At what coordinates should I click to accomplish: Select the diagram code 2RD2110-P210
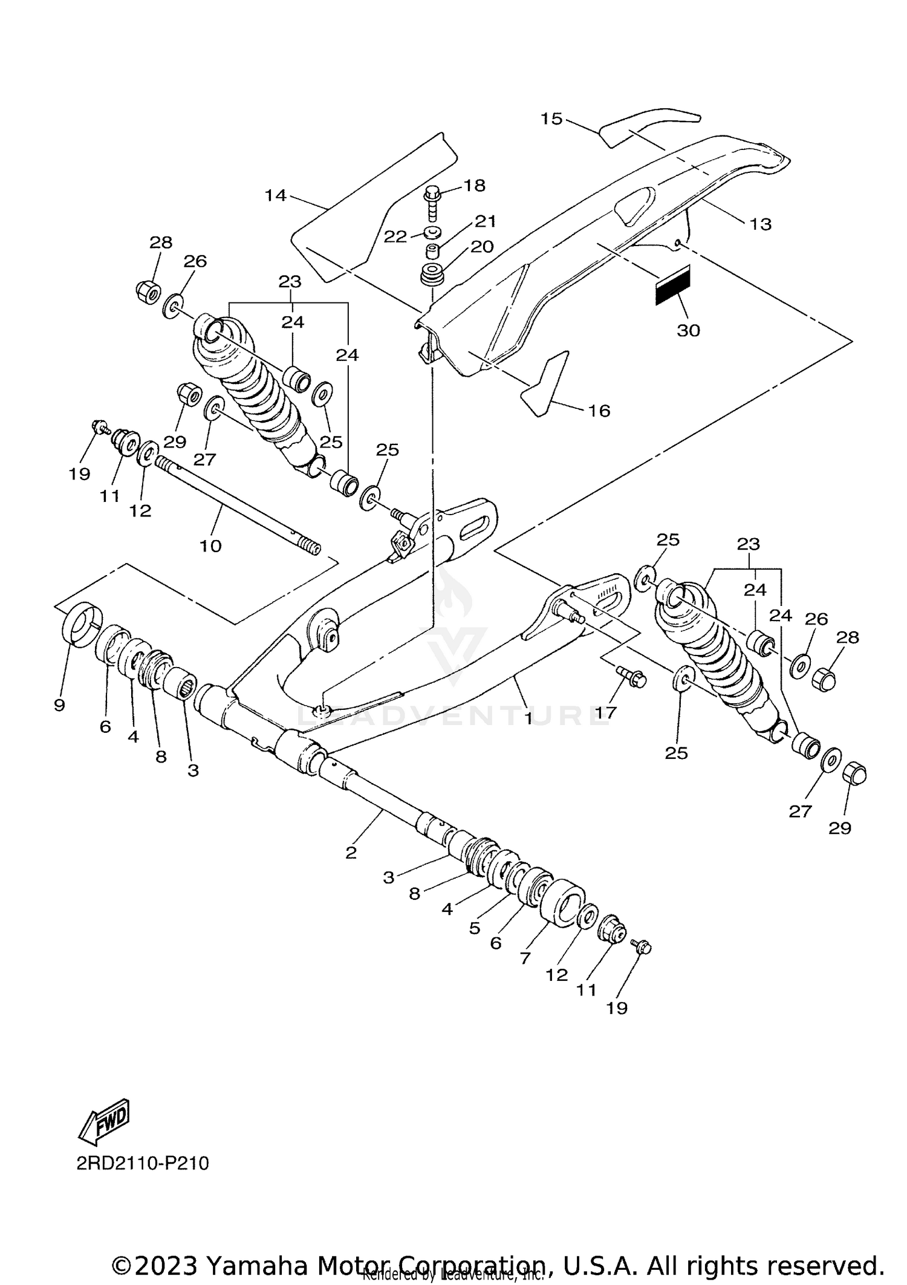click(x=143, y=1180)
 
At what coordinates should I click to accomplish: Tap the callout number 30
click(x=688, y=330)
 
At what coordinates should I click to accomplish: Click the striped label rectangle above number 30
click(x=672, y=285)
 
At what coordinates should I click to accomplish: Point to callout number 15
click(x=551, y=119)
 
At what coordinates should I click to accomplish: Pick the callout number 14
click(x=275, y=195)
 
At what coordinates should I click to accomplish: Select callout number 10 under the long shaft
click(x=210, y=545)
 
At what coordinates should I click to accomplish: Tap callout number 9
click(x=59, y=705)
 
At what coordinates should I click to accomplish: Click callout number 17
click(x=605, y=713)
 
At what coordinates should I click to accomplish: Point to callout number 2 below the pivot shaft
click(x=351, y=853)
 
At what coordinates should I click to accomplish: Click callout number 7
click(x=525, y=958)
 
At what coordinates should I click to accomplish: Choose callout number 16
click(x=599, y=411)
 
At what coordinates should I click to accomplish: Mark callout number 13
click(x=761, y=224)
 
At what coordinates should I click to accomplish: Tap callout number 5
click(x=475, y=928)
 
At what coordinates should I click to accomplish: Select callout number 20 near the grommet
click(x=483, y=247)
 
